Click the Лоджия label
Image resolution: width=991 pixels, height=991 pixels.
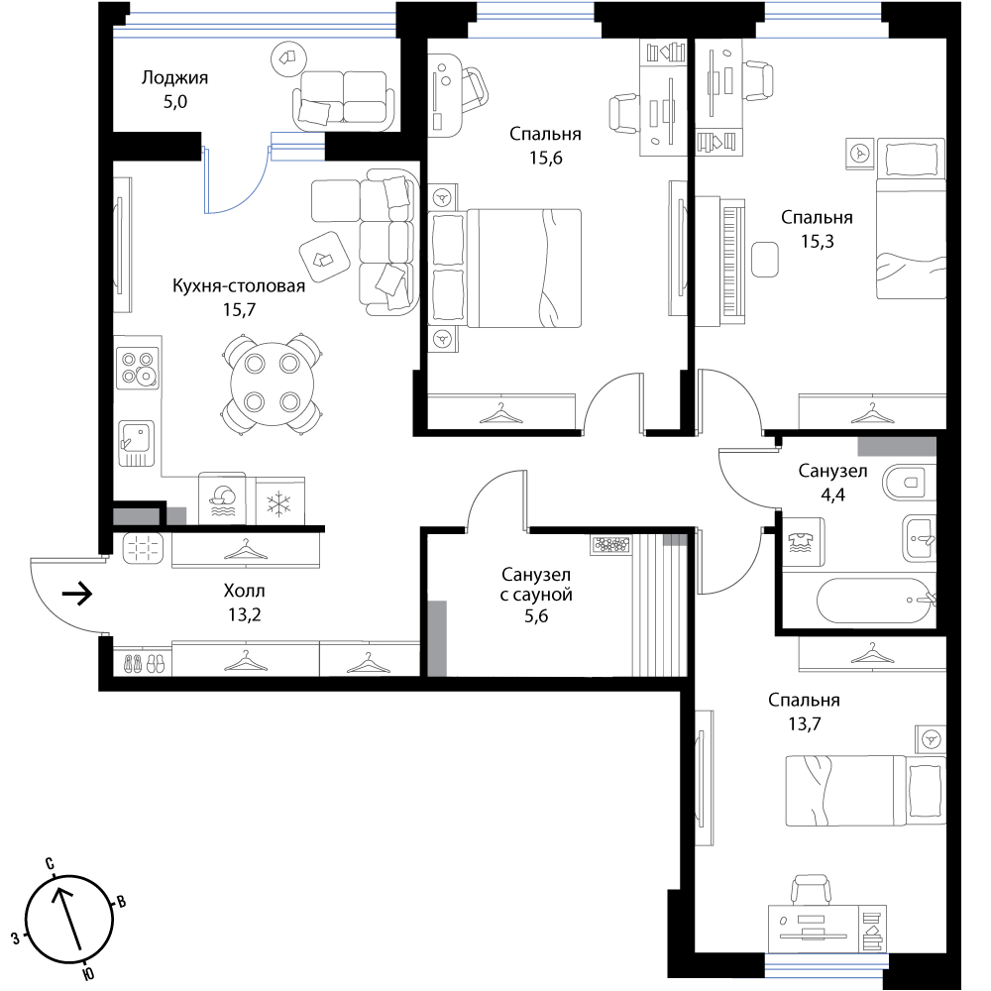(x=174, y=78)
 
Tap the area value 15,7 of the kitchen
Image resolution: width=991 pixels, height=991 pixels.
(x=239, y=309)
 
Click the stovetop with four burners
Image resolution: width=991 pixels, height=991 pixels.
(x=138, y=368)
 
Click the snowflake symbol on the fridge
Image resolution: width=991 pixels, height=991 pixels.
(x=278, y=504)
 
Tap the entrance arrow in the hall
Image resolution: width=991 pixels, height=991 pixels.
(x=77, y=594)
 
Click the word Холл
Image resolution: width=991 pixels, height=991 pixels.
(x=244, y=592)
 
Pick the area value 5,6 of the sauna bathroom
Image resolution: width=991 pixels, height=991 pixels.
(x=536, y=616)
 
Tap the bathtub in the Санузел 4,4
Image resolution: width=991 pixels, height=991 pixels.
(x=876, y=601)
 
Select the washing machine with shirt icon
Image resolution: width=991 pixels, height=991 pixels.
(x=804, y=542)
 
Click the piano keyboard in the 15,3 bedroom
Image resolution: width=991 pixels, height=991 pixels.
(x=732, y=263)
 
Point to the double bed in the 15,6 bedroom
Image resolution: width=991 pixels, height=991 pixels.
(x=504, y=269)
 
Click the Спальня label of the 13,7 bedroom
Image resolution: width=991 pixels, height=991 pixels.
(x=804, y=701)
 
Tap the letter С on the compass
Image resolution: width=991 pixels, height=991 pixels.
(x=50, y=864)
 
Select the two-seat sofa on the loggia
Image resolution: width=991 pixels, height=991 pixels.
(x=343, y=98)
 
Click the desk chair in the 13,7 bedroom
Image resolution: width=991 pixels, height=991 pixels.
(x=811, y=889)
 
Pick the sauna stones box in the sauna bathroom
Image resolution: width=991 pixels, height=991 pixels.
(x=611, y=545)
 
